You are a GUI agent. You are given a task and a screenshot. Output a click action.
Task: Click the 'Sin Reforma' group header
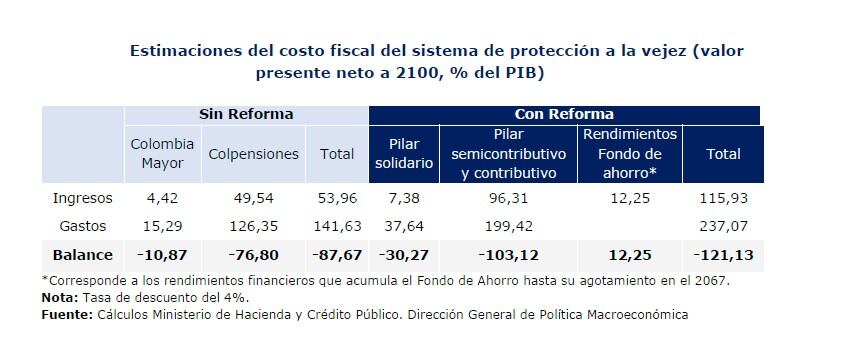pos(246,114)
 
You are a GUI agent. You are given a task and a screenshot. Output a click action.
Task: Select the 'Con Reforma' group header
pos(564,114)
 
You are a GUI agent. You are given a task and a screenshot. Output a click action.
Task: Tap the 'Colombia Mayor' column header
pos(162,153)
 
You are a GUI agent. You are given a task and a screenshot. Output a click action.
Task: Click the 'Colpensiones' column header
pos(253,154)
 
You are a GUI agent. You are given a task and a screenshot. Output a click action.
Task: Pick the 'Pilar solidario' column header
pos(405,153)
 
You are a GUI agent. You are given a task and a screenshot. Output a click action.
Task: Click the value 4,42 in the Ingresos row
pos(162,198)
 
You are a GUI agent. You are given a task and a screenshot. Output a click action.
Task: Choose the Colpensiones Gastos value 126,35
pos(253,226)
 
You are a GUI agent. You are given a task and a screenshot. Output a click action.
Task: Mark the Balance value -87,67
pos(337,254)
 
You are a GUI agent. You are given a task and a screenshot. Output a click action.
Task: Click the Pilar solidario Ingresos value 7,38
pos(405,198)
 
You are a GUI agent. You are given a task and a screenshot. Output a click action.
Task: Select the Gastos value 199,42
pos(508,226)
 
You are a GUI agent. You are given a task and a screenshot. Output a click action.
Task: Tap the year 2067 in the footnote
pos(710,280)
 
